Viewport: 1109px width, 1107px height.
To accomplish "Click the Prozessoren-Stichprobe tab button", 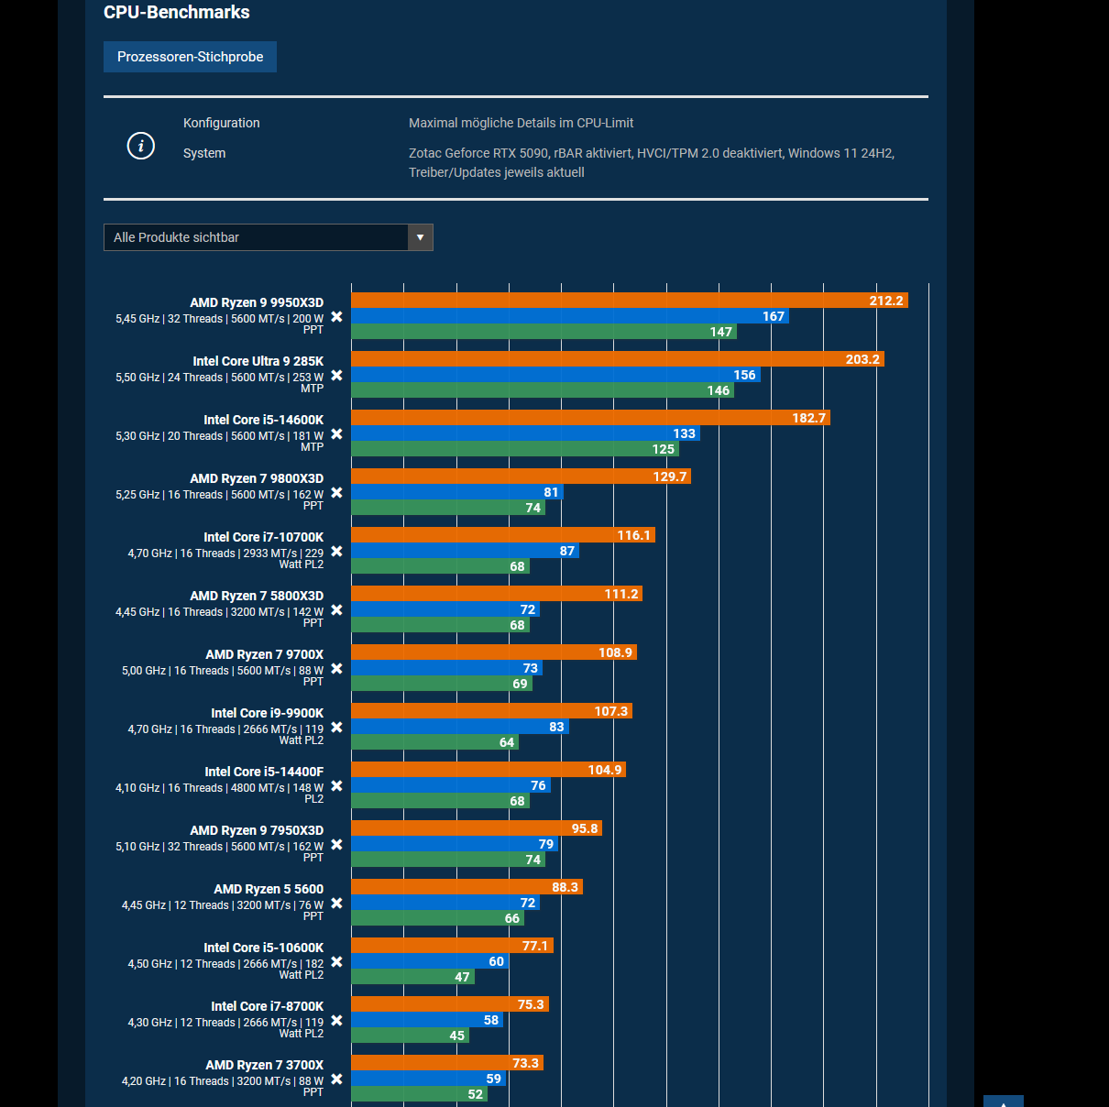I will pyautogui.click(x=190, y=57).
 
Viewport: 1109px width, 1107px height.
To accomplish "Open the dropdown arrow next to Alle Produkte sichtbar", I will pyautogui.click(x=420, y=237).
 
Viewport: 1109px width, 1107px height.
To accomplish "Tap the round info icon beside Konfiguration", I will pyautogui.click(x=140, y=146).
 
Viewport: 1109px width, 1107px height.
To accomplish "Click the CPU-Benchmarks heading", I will pyautogui.click(x=176, y=13).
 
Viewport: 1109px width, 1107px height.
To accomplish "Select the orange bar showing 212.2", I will pyautogui.click(x=629, y=301).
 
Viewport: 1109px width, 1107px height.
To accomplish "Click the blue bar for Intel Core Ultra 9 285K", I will pyautogui.click(x=555, y=375).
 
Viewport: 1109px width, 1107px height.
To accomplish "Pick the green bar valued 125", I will pyautogui.click(x=514, y=449).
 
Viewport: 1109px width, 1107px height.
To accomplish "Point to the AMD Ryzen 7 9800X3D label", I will pyautogui.click(x=257, y=478).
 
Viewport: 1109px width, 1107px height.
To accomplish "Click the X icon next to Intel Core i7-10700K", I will pyautogui.click(x=336, y=552).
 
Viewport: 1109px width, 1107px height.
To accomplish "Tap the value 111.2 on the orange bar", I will pyautogui.click(x=620, y=594).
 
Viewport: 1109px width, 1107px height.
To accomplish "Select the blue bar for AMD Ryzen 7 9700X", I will pyautogui.click(x=446, y=668).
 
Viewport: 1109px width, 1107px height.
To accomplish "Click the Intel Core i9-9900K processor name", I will pyautogui.click(x=267, y=713).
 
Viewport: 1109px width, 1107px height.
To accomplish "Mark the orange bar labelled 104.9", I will pyautogui.click(x=489, y=770).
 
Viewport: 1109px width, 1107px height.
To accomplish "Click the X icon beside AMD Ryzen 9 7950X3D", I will pyautogui.click(x=336, y=845).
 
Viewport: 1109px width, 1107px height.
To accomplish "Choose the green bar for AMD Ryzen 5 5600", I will pyautogui.click(x=437, y=918).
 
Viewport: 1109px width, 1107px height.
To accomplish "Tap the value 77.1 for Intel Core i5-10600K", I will pyautogui.click(x=534, y=946).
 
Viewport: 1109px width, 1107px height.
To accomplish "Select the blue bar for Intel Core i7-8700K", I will pyautogui.click(x=427, y=1020).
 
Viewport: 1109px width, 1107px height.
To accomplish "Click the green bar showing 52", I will pyautogui.click(x=419, y=1094).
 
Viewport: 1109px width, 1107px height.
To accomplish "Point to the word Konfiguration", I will pyautogui.click(x=221, y=123).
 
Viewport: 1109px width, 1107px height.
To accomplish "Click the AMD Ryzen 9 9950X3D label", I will pyautogui.click(x=257, y=302).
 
